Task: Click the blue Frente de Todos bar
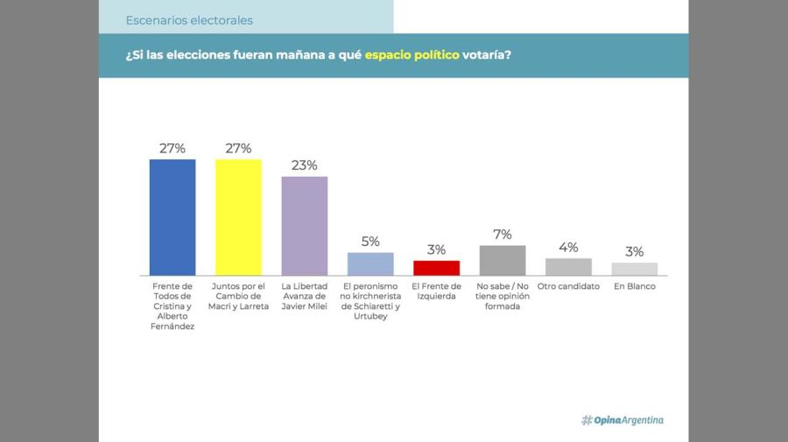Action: pos(172,217)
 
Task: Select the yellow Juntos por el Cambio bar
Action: pos(238,217)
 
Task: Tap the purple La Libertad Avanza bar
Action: pos(304,226)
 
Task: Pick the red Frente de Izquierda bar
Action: pos(436,268)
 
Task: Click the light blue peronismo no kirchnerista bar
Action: pos(370,263)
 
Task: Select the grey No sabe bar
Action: pos(503,260)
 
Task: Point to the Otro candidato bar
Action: pos(568,266)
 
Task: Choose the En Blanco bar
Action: pos(635,269)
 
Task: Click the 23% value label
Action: pos(304,165)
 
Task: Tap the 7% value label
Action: pos(503,235)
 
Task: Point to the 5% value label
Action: pos(370,242)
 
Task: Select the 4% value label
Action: pos(568,248)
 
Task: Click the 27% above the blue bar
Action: pos(172,148)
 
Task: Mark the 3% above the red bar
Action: pos(436,250)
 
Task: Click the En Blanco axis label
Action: pos(635,286)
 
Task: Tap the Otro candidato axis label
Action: pos(568,286)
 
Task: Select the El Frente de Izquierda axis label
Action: pos(436,291)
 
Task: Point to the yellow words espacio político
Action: pos(412,55)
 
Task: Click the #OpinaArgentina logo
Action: pos(623,420)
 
